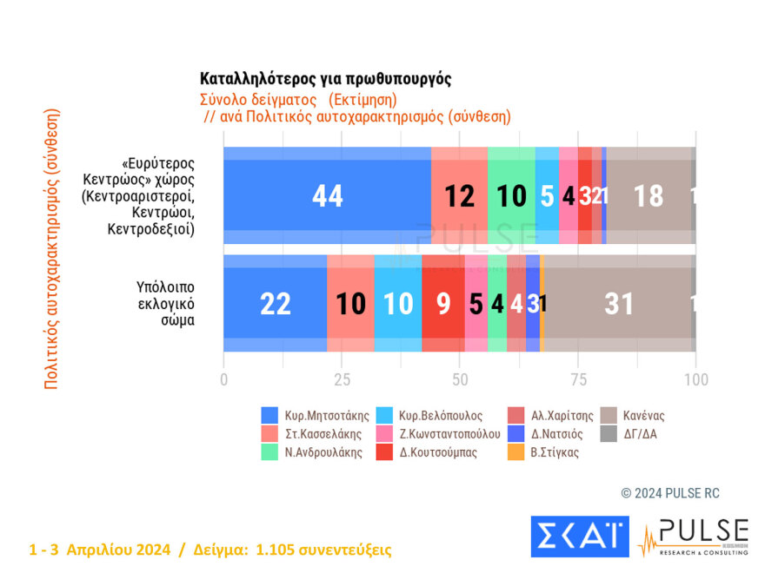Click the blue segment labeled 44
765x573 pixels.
click(327, 196)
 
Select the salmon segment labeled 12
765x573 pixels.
click(459, 196)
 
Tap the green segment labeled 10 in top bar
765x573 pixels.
click(511, 196)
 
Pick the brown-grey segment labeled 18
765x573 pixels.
click(649, 196)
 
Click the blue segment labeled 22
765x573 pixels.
click(275, 303)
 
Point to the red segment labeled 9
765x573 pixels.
click(442, 303)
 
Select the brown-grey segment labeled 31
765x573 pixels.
click(618, 303)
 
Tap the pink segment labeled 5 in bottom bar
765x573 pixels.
click(476, 303)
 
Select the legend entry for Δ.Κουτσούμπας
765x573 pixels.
click(430, 452)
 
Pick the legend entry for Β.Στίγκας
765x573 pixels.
click(548, 452)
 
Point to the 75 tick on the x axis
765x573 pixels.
click(577, 379)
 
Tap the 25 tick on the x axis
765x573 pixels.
click(342, 379)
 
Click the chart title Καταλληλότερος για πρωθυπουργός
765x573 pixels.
click(325, 78)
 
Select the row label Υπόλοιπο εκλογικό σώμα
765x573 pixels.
click(165, 302)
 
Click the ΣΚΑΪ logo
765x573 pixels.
click(579, 537)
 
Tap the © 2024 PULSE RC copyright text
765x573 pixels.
click(669, 493)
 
